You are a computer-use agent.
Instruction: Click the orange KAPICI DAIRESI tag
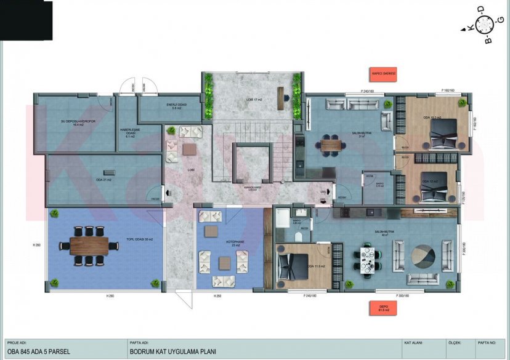pyautogui.click(x=382, y=74)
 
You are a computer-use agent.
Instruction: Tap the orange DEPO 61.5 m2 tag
pyautogui.click(x=382, y=308)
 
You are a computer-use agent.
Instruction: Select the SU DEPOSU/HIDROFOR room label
pyautogui.click(x=73, y=123)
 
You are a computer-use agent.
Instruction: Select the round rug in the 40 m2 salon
pyautogui.click(x=423, y=254)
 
